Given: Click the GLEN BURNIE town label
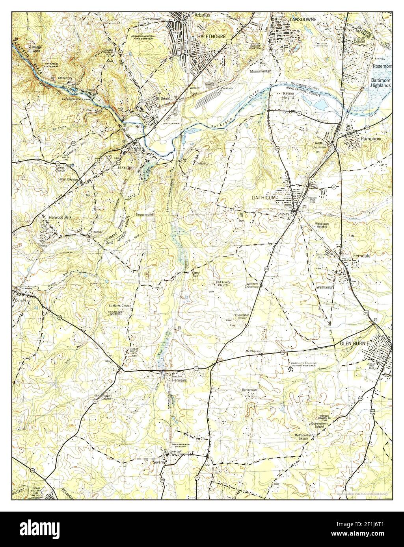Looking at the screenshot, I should point(355,344).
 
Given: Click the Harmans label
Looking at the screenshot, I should point(179,381).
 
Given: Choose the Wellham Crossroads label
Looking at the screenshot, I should point(253,285).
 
